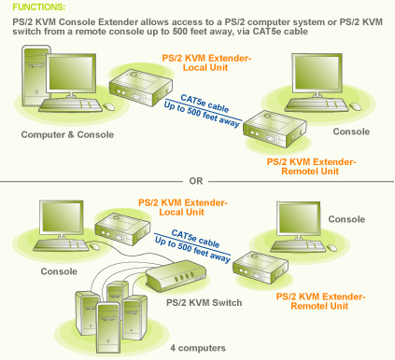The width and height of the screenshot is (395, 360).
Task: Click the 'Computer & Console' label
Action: tap(68, 134)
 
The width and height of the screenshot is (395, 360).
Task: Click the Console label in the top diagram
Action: tap(351, 132)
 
